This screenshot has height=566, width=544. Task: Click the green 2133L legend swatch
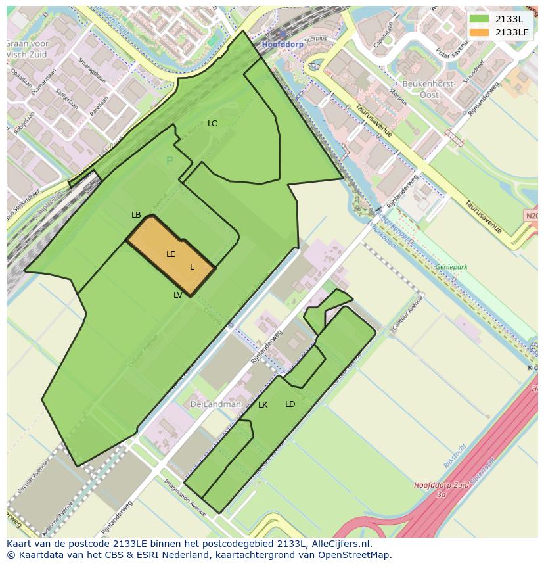click(x=479, y=19)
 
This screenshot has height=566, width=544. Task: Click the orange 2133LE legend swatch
click(x=479, y=32)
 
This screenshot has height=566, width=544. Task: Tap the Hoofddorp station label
click(x=284, y=44)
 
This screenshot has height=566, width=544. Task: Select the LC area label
click(x=212, y=124)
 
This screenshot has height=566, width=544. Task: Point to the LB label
click(x=136, y=215)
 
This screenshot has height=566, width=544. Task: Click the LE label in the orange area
click(x=171, y=254)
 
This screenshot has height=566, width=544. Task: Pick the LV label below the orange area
click(x=178, y=295)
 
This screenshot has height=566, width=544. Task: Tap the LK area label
click(x=263, y=405)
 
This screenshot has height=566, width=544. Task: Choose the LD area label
click(x=290, y=404)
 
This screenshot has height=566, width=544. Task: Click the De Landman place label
click(x=215, y=404)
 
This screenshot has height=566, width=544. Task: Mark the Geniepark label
click(x=451, y=268)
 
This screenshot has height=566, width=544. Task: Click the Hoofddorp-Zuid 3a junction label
click(x=442, y=489)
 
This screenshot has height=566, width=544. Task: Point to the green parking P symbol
click(x=170, y=161)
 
